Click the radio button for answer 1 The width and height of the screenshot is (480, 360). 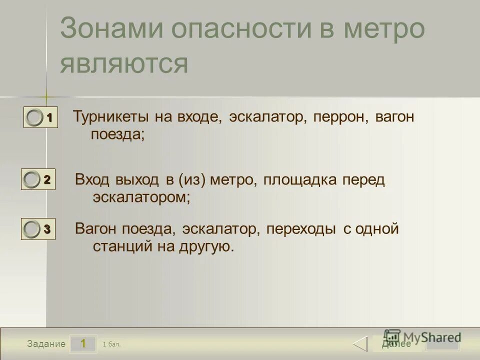[35, 118]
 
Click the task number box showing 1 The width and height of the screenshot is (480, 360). [83, 343]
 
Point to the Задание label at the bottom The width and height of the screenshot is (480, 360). [46, 344]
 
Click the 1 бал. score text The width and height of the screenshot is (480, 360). [111, 344]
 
